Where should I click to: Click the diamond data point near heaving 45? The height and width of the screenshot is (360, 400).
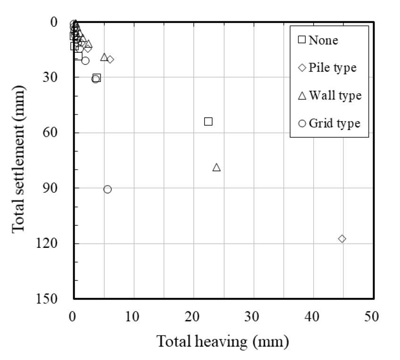point(342,239)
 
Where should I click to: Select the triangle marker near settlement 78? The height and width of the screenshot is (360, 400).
point(217,167)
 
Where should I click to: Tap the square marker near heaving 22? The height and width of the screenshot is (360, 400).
point(208,122)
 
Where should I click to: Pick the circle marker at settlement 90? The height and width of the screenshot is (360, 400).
point(108,189)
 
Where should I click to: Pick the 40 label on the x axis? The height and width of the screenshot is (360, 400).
point(312,316)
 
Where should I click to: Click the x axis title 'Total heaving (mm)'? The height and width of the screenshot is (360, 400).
point(222,342)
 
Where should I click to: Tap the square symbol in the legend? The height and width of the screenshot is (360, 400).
point(302,40)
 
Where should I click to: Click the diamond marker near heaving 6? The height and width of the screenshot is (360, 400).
point(110,59)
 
